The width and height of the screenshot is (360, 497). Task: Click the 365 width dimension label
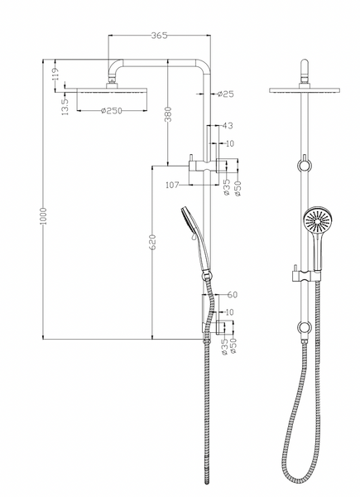coord(159,35)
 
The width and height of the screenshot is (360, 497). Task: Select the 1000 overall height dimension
coord(43,216)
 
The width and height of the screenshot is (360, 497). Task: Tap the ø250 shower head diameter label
coord(111,111)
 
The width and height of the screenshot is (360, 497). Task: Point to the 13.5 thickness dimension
coord(65,107)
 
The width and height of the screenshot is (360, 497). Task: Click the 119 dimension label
coord(55,74)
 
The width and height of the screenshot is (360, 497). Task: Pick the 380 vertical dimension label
coord(168,114)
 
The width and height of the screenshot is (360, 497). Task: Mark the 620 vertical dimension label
coord(152,242)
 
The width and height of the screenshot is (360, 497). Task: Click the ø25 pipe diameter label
coord(226,94)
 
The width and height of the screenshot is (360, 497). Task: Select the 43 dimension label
coord(228,126)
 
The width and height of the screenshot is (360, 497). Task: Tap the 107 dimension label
coord(173,185)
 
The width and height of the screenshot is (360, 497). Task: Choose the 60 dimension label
coord(232,294)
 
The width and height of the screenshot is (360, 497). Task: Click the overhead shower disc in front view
coord(305,90)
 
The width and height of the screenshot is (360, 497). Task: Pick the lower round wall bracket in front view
coord(305,328)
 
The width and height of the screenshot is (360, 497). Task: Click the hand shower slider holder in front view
coord(305,276)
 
